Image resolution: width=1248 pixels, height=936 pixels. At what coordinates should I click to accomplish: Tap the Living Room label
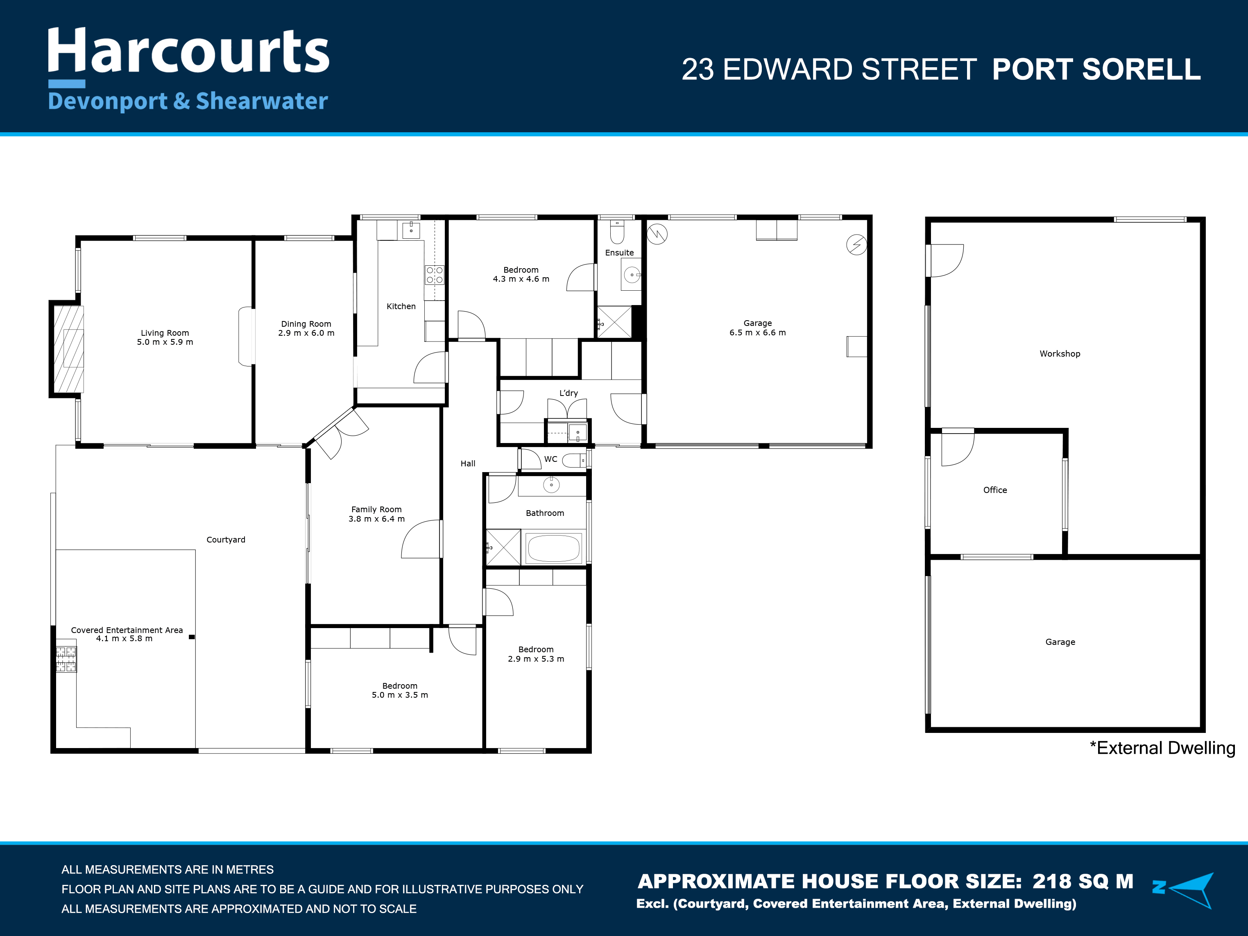tap(165, 332)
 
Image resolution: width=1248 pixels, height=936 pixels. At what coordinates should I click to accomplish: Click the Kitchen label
tap(401, 306)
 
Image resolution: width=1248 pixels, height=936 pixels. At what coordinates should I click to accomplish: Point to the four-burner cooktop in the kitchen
tap(435, 275)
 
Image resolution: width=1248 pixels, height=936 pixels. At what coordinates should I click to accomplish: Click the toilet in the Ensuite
tap(617, 232)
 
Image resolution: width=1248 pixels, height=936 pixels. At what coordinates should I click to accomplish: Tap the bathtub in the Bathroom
tap(553, 547)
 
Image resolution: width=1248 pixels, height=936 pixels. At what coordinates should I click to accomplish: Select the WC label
tap(550, 459)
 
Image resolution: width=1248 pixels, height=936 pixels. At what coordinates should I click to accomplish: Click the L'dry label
tap(569, 393)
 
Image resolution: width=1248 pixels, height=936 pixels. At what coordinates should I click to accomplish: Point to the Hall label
tap(468, 463)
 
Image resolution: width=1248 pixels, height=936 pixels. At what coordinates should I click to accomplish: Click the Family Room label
tap(376, 509)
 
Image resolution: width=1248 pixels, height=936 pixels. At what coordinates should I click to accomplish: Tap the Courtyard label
tap(226, 540)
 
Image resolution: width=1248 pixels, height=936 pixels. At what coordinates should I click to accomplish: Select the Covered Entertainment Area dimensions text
tap(124, 638)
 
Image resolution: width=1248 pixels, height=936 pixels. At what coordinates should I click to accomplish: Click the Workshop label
tap(1060, 353)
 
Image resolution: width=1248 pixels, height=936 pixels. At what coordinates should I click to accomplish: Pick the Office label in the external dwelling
tap(995, 490)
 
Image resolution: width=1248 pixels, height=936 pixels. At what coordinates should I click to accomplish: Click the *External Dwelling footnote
tap(1162, 748)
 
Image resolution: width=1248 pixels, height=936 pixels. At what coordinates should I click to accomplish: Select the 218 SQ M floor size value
tap(1083, 881)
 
